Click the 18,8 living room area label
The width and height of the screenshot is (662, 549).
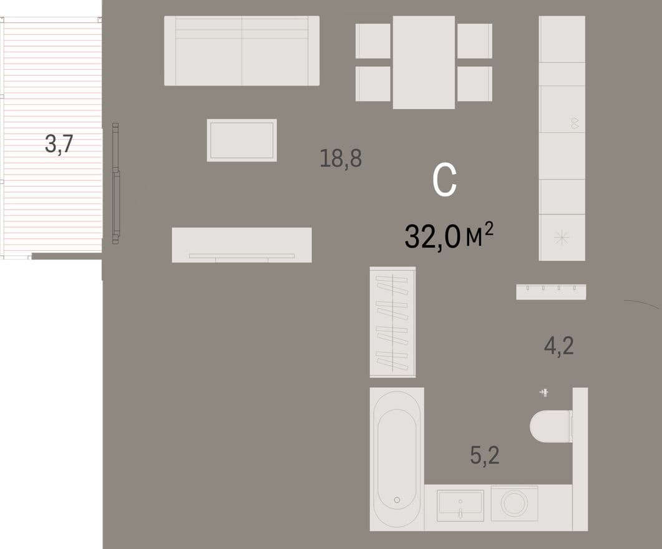point(341,158)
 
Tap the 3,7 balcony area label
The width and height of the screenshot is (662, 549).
point(59,144)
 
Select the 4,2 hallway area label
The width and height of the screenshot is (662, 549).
point(558,346)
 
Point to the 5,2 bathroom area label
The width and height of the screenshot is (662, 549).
point(485,455)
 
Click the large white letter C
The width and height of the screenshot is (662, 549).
point(445,181)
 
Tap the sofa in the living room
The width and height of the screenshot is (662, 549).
point(241,51)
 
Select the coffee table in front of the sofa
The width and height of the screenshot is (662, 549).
point(242,140)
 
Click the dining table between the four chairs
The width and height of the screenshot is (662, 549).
point(424,62)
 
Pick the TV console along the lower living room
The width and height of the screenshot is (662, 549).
point(242,245)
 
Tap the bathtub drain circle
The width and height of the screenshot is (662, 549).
point(397,500)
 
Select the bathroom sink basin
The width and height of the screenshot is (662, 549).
point(460,505)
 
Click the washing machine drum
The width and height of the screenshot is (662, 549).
point(514,503)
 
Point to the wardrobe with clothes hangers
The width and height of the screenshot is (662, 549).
point(392,322)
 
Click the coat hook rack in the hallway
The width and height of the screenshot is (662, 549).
point(551,291)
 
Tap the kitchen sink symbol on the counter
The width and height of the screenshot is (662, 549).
point(575,124)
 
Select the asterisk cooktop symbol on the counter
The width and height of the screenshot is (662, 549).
point(562,238)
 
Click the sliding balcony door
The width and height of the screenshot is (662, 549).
point(115,183)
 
